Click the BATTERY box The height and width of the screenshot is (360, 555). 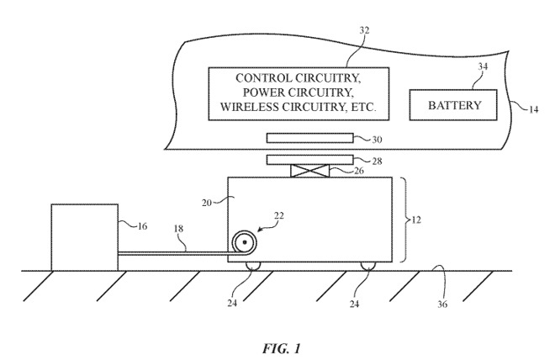pyautogui.click(x=454, y=106)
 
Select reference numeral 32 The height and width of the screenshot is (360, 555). pyautogui.click(x=292, y=30)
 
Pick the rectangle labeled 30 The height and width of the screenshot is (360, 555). pyautogui.click(x=310, y=138)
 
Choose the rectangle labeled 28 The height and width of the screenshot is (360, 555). pyautogui.click(x=310, y=159)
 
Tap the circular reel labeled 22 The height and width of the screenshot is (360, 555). pyautogui.click(x=245, y=243)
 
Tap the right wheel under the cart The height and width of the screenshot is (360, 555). pyautogui.click(x=367, y=266)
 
